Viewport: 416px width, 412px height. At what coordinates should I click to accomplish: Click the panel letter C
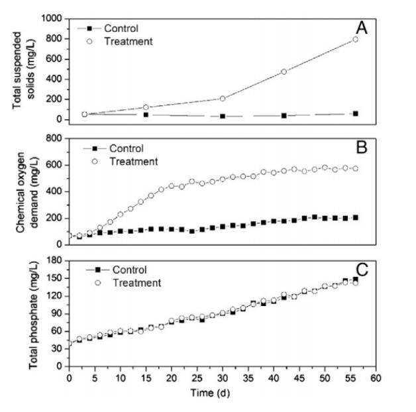pos(362,270)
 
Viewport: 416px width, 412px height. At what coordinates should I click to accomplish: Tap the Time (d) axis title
pos(220,395)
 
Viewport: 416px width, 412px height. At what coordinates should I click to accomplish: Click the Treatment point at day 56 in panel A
pos(356,39)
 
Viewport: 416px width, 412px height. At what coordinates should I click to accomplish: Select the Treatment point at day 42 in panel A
pos(284,72)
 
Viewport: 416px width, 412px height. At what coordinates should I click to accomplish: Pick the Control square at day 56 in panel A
pos(356,114)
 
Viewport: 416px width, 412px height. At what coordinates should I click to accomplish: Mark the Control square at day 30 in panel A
pos(223,117)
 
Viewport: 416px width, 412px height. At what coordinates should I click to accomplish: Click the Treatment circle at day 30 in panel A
pos(223,99)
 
